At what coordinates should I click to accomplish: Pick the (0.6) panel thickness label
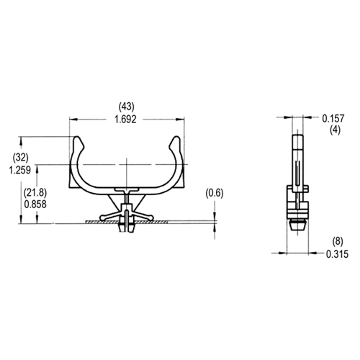click(215, 192)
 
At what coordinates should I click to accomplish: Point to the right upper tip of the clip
click(174, 138)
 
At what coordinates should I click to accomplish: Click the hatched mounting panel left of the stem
click(101, 222)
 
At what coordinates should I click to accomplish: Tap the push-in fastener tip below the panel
click(126, 230)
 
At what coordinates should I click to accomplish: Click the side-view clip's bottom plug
click(296, 225)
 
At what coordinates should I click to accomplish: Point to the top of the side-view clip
click(296, 135)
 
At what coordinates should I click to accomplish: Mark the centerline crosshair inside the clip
click(126, 171)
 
